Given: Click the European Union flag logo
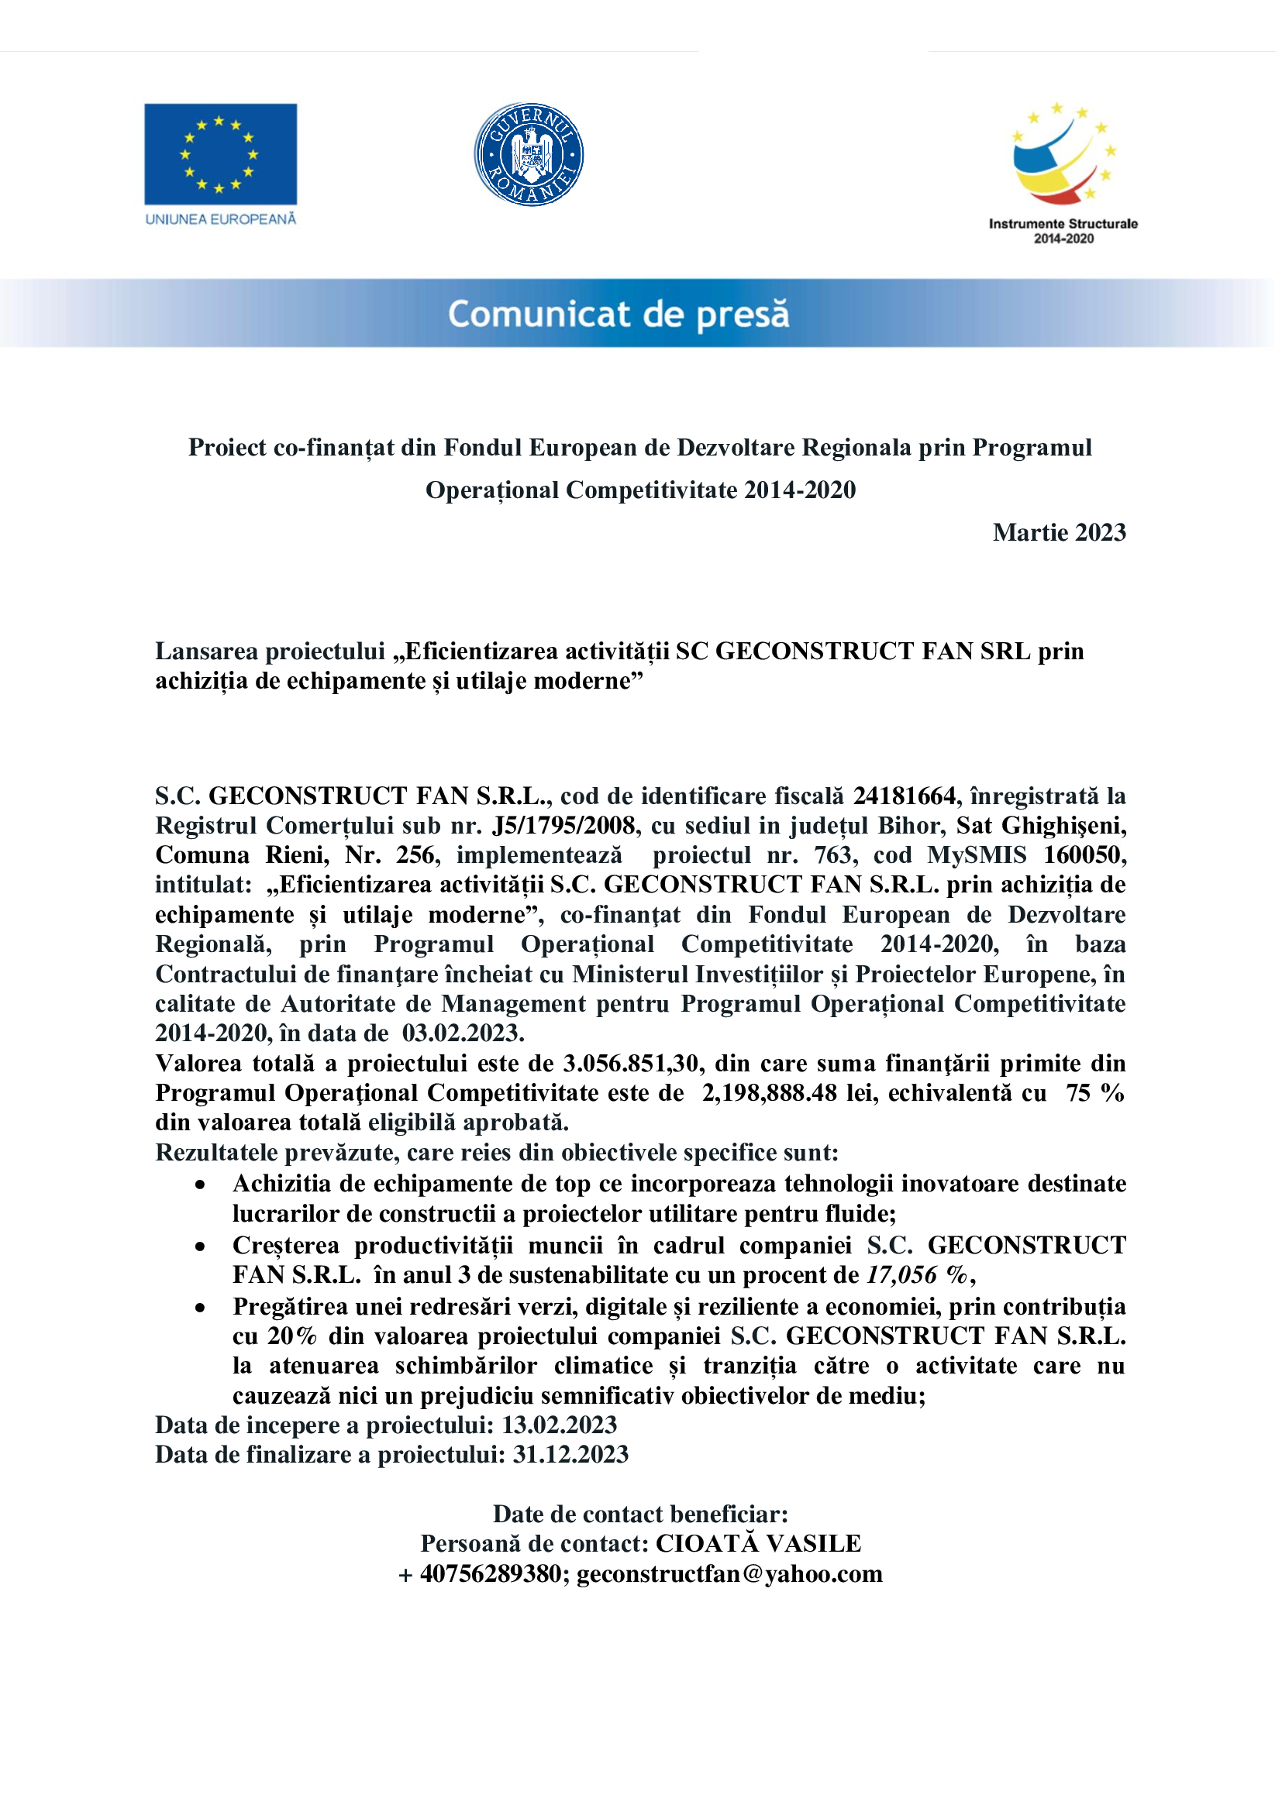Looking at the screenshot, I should click(220, 154).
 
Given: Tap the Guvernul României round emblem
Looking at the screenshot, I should click(528, 154).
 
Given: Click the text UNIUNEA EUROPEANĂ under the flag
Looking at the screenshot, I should click(220, 219).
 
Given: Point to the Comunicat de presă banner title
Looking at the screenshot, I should click(619, 314).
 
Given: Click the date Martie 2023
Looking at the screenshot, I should click(1059, 533).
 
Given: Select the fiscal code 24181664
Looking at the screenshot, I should click(904, 796).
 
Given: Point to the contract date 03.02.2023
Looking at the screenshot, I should click(464, 1033).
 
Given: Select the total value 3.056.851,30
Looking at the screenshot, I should click(631, 1063).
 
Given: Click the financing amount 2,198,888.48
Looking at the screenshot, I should click(770, 1093).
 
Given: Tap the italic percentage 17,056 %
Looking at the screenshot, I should click(915, 1274).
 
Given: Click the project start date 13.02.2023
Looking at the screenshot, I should click(559, 1425).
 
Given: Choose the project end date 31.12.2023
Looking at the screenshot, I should click(570, 1455).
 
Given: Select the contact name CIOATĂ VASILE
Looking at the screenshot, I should click(759, 1544).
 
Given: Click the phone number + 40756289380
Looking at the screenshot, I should click(480, 1573).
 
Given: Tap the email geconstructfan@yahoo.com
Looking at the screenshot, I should click(729, 1573).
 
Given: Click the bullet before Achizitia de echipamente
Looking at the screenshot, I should click(202, 1185).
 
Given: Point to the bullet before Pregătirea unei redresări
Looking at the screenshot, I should click(202, 1308).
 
